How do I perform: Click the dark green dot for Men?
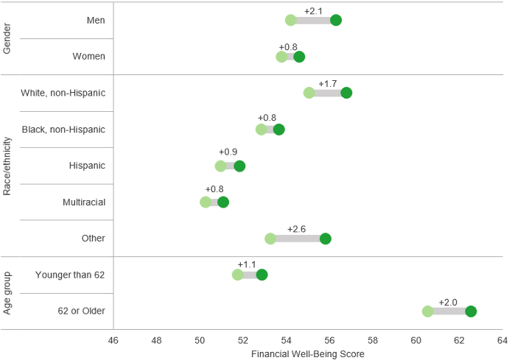click(x=336, y=20)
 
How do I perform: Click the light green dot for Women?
click(x=281, y=57)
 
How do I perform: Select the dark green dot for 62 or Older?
click(x=471, y=311)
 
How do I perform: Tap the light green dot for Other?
click(x=270, y=239)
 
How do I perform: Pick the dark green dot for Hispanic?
click(x=239, y=166)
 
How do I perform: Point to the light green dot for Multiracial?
click(x=206, y=202)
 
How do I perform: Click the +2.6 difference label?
click(x=297, y=229)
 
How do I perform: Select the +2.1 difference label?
click(x=313, y=11)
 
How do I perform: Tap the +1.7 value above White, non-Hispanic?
click(x=328, y=84)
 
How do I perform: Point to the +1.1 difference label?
click(x=247, y=265)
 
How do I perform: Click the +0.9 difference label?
click(x=228, y=152)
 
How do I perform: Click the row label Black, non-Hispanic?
click(x=63, y=130)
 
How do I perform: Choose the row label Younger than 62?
click(x=70, y=275)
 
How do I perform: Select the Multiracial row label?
click(x=83, y=202)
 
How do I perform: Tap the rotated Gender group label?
click(x=7, y=38)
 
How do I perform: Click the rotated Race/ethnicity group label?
click(x=7, y=166)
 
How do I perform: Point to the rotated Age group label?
click(x=7, y=293)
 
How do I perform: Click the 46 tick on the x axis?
click(x=113, y=341)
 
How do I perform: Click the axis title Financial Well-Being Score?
click(x=308, y=354)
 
